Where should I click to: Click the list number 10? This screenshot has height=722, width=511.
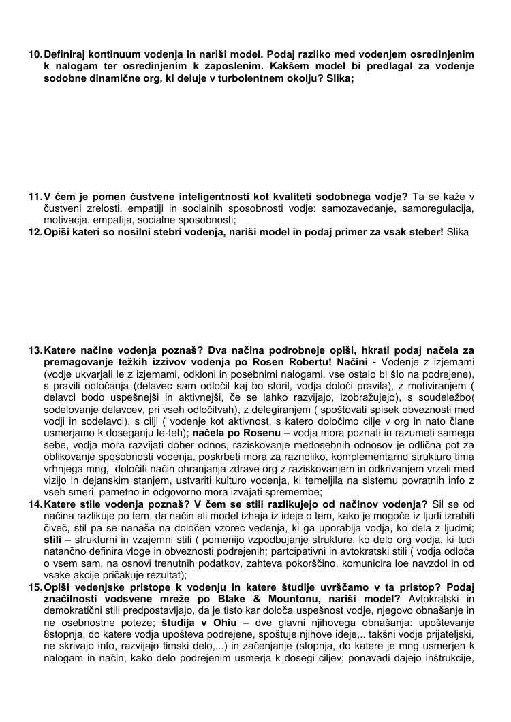[35, 54]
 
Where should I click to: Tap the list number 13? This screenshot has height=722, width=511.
[35, 350]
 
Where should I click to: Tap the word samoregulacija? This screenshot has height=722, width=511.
[439, 208]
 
